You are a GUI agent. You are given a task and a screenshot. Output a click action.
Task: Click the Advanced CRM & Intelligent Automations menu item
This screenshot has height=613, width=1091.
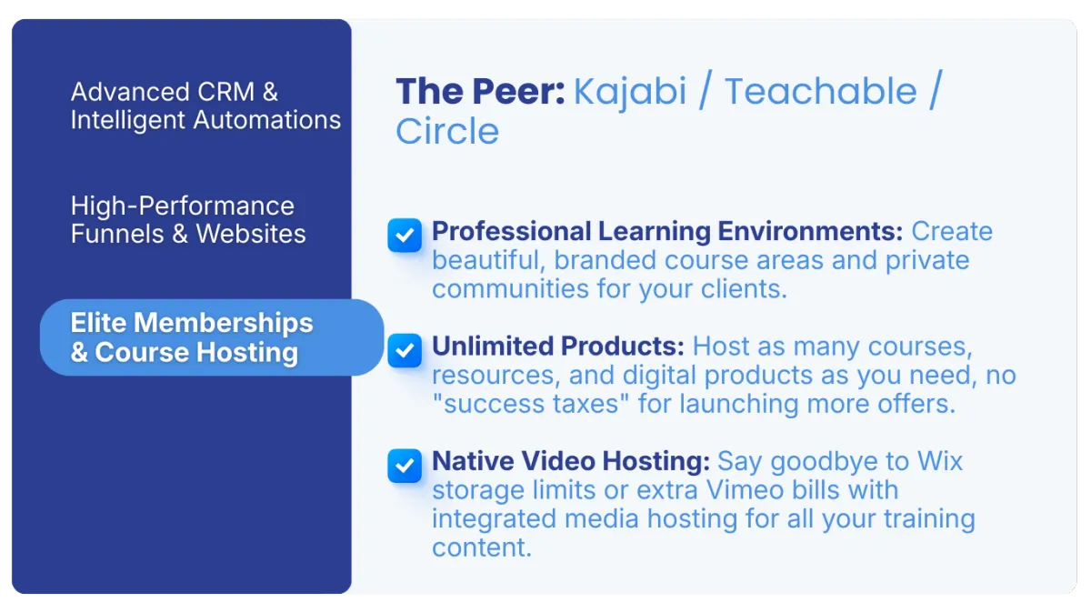[205, 106]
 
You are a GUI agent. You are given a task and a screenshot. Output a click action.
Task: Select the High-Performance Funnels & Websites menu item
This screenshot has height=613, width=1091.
[188, 219]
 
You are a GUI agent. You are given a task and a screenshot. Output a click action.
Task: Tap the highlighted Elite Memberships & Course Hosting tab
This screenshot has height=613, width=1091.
[211, 337]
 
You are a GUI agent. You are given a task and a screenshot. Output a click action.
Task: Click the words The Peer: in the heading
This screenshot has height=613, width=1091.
[480, 92]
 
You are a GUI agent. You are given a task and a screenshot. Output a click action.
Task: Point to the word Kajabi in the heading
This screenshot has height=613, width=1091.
[630, 92]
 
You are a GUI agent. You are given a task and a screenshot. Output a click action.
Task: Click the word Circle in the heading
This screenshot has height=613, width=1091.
[447, 132]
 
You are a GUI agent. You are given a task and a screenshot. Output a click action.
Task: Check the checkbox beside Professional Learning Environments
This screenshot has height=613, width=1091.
[405, 236]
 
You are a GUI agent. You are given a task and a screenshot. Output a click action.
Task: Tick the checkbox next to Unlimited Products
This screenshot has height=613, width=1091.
[405, 350]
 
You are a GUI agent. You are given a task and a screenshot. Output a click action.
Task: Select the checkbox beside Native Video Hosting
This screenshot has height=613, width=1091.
[405, 466]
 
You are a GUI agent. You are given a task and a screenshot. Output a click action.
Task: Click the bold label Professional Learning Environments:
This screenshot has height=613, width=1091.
[667, 232]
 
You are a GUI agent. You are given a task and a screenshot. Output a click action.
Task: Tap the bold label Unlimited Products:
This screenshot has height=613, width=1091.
[557, 347]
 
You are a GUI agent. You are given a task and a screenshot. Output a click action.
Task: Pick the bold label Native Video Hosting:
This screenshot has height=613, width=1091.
[571, 461]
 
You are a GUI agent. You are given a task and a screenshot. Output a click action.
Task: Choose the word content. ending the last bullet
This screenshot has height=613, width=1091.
[481, 548]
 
